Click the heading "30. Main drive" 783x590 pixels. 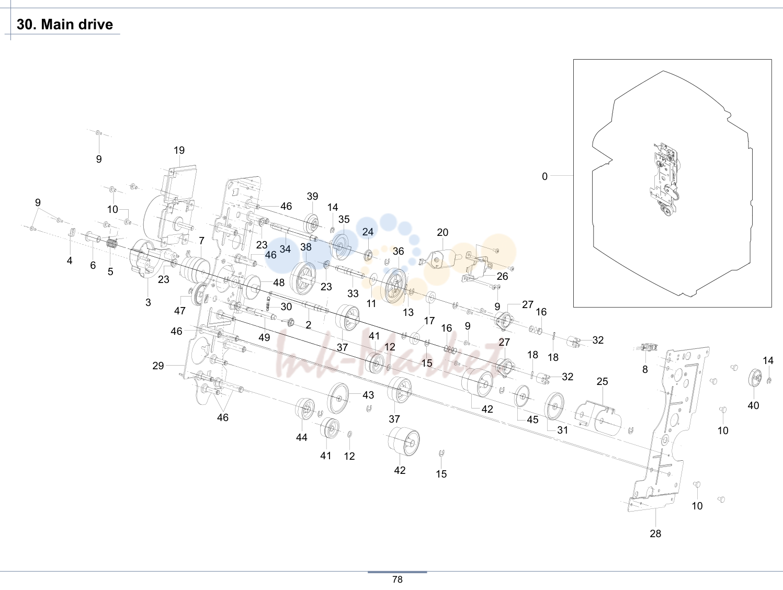64,24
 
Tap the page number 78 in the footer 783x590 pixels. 397,580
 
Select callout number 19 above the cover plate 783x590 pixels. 179,150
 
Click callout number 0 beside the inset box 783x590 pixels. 544,176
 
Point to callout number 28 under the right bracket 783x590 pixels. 655,534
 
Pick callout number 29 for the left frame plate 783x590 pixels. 158,365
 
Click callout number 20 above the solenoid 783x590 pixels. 442,232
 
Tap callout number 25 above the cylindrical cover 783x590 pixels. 602,381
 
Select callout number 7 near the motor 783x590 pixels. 201,241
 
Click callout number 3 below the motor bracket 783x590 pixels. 148,302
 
